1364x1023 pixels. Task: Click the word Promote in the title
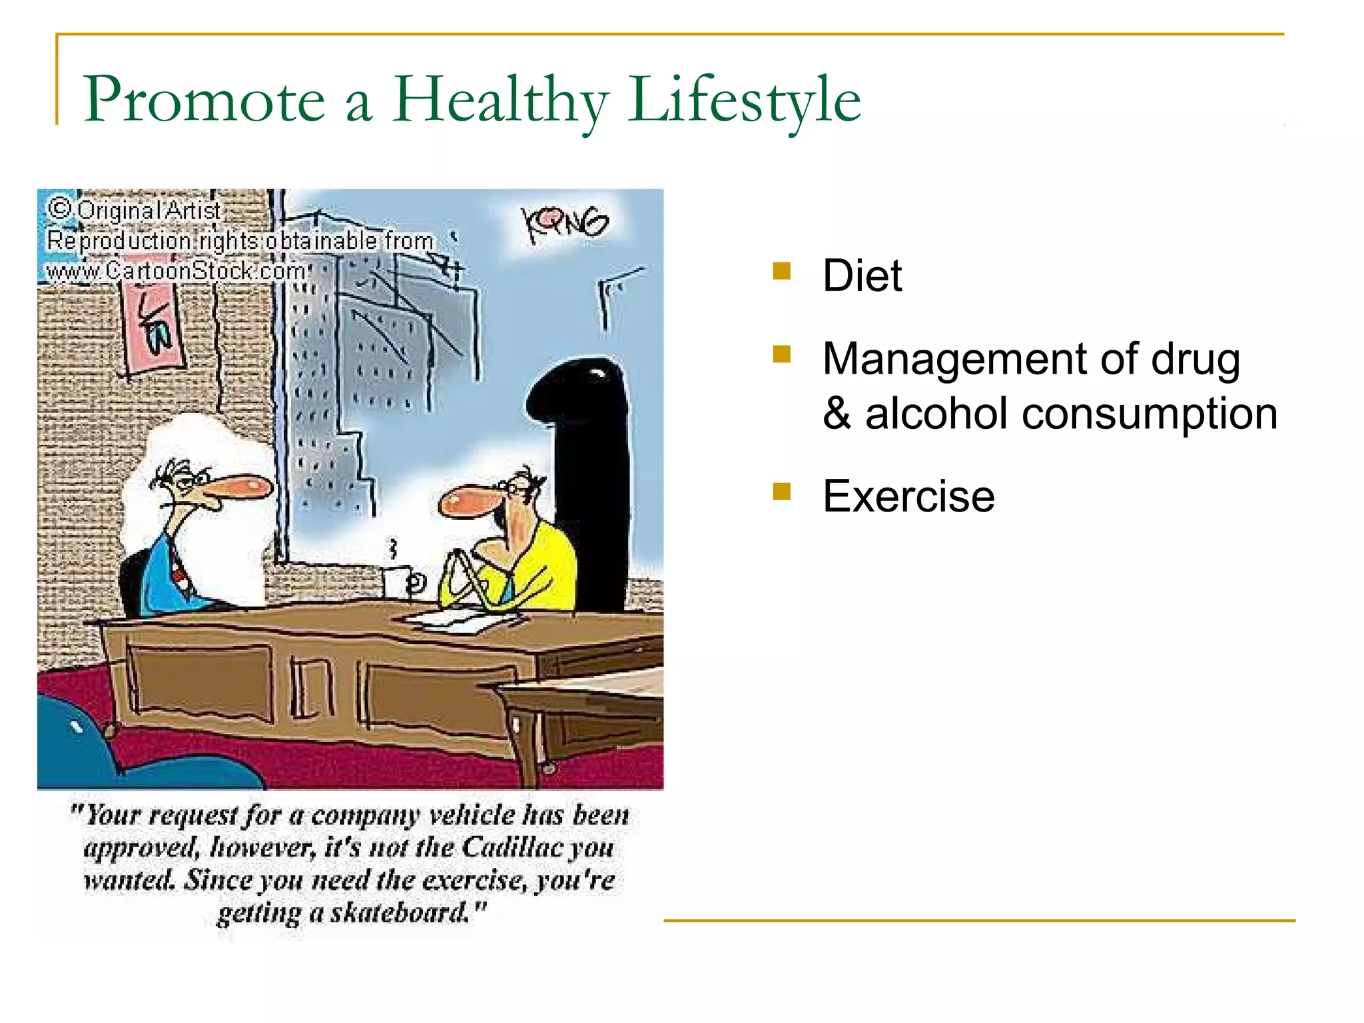(204, 100)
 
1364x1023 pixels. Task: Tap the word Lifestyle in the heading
(744, 100)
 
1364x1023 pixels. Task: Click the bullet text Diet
(862, 275)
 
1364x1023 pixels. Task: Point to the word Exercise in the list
(908, 496)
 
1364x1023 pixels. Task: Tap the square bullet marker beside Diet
(781, 270)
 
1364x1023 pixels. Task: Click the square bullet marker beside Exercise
(781, 492)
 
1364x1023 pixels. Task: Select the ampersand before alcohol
(837, 414)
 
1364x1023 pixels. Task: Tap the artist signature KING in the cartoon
(565, 223)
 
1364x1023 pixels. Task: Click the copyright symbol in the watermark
(60, 208)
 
